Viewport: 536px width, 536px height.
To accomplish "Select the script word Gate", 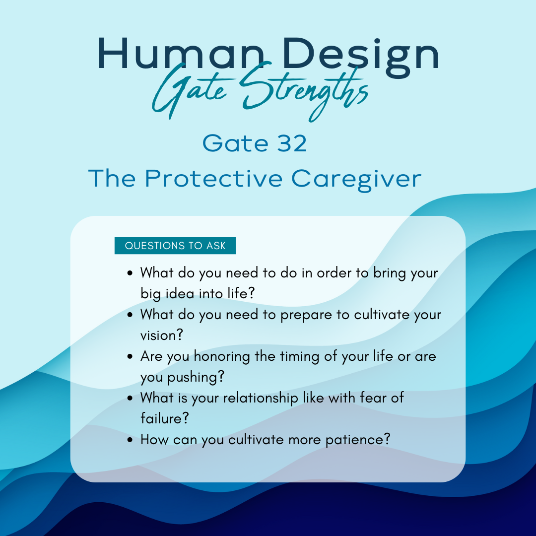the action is click(x=190, y=91).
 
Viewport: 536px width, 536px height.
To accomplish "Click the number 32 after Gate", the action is click(x=292, y=143).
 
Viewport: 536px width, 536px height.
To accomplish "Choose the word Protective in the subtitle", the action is click(x=213, y=179).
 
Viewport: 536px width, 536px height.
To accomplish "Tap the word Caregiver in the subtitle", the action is click(x=356, y=180).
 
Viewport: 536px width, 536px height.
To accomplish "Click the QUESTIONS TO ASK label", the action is click(x=175, y=246).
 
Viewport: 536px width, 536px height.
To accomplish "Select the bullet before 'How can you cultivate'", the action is click(x=130, y=440).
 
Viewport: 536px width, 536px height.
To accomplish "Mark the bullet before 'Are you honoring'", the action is click(x=130, y=356).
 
